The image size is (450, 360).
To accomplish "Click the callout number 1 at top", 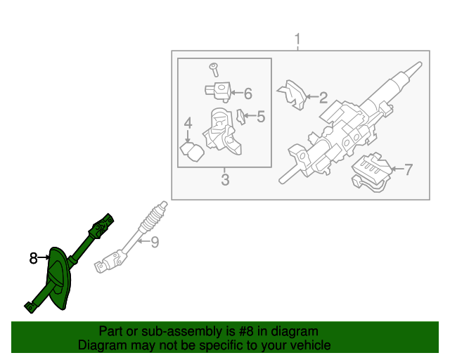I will (297, 38).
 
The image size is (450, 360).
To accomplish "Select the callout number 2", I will (323, 98).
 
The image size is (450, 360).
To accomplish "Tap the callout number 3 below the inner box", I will (225, 180).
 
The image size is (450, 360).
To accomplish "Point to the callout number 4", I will (188, 124).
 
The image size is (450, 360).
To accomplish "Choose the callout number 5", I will (260, 116).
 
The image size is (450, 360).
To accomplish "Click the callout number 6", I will (247, 93).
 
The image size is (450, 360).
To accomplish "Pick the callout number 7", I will (409, 169).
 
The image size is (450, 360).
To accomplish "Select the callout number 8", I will (33, 259).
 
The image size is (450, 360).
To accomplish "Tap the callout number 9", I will (155, 243).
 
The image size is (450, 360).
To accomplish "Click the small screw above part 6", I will (214, 69).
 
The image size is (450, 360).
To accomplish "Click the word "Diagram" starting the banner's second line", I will (100, 345).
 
